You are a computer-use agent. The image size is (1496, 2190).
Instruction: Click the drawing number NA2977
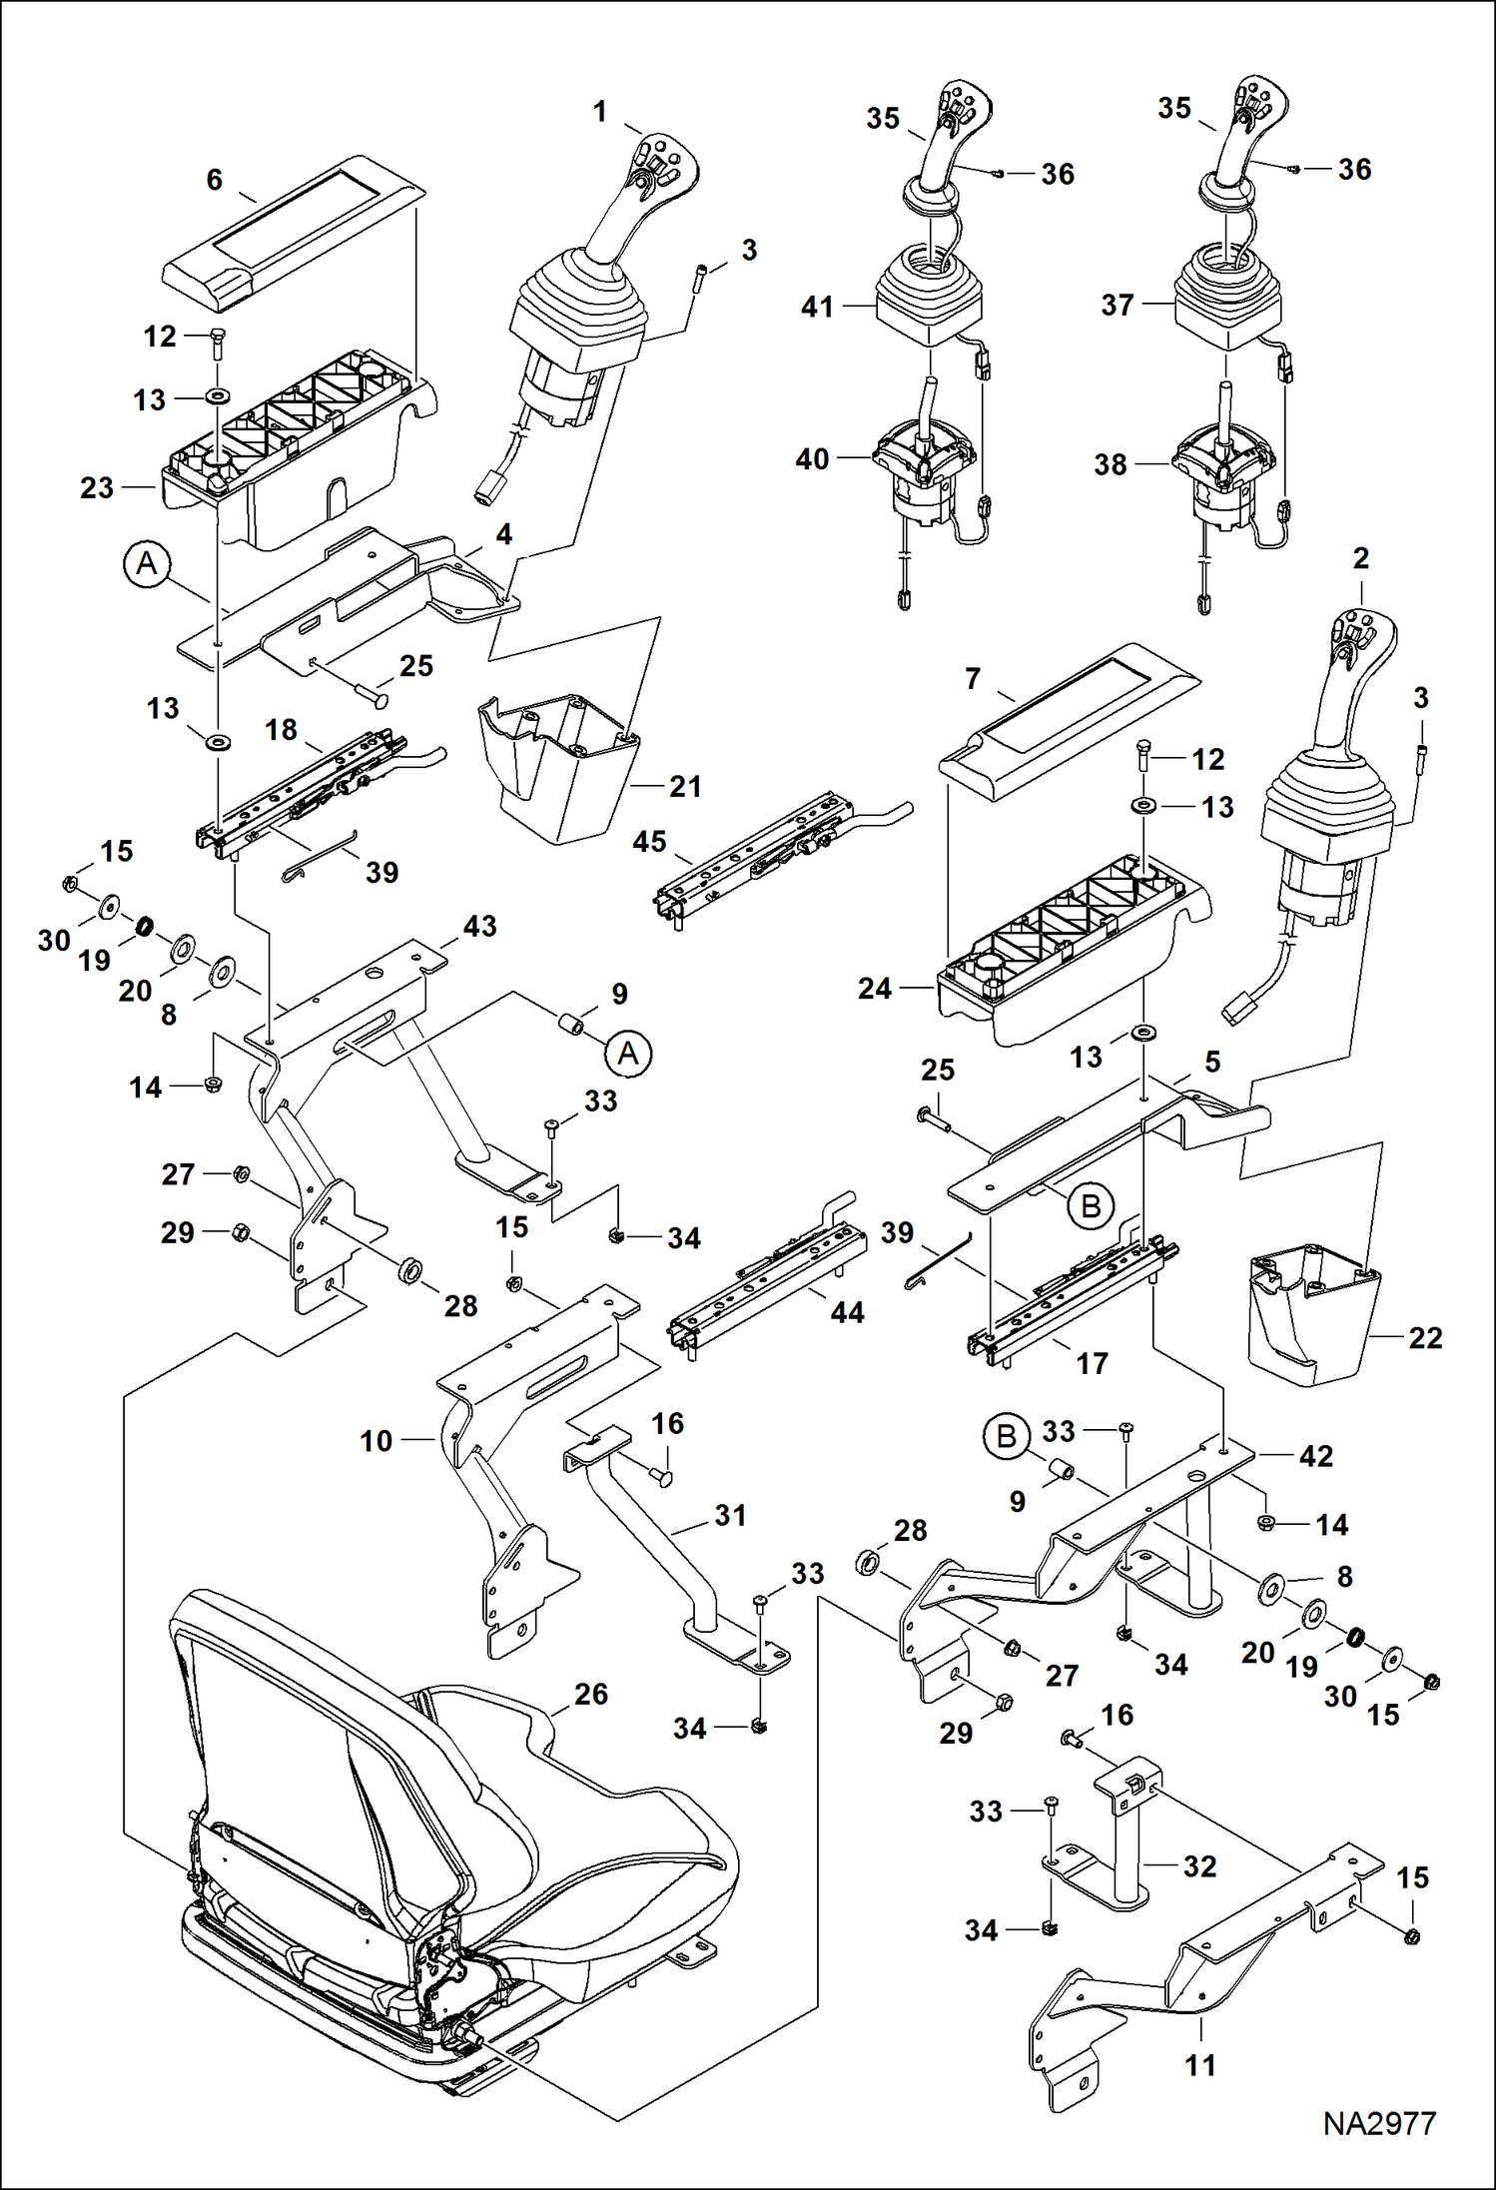(x=1379, y=2123)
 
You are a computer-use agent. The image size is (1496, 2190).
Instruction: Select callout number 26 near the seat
(x=590, y=1694)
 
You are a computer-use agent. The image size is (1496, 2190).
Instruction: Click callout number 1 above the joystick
(x=599, y=112)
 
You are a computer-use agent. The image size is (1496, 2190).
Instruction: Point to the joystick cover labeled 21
(x=559, y=769)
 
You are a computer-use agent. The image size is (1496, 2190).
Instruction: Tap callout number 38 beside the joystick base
(x=1110, y=464)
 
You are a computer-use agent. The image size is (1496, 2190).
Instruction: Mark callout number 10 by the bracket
(x=376, y=1441)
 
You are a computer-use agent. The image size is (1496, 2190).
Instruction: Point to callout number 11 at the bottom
(x=1200, y=2064)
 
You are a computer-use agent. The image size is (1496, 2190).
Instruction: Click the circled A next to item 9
(x=628, y=1054)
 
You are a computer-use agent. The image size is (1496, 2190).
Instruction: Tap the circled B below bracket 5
(x=1091, y=1206)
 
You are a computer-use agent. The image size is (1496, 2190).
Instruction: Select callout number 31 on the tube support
(x=730, y=1515)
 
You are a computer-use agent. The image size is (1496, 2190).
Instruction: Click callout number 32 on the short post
(x=1199, y=1866)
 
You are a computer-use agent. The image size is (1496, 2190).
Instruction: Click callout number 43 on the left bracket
(x=479, y=926)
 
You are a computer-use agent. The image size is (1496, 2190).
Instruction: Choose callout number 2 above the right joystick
(x=1360, y=559)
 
